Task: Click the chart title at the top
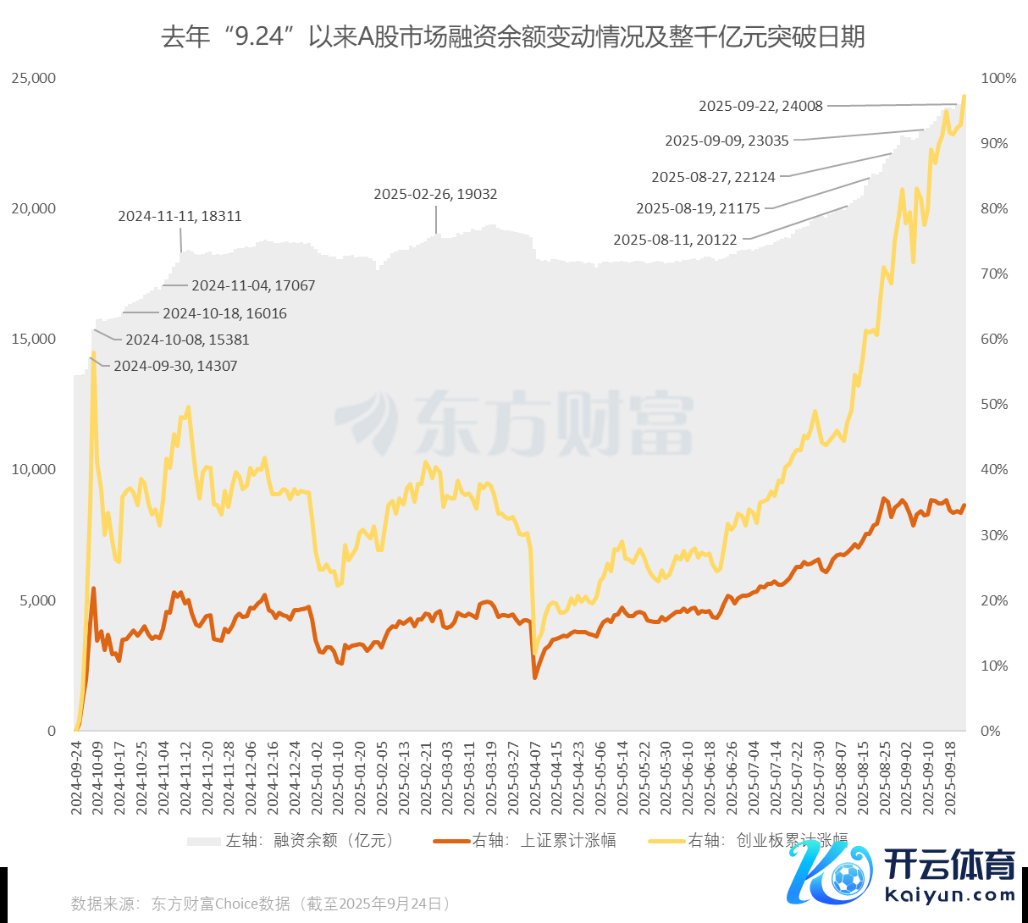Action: [513, 37]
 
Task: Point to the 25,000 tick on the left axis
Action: [34, 78]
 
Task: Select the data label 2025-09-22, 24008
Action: [760, 106]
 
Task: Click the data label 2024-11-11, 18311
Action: [180, 216]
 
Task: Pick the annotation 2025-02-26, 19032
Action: [435, 194]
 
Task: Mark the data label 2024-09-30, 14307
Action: [175, 366]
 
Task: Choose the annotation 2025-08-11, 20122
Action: [675, 240]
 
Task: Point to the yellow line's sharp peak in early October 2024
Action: [93, 353]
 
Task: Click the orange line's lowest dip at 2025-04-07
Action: [534, 677]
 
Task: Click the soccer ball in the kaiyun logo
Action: [848, 879]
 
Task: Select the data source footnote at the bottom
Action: [261, 904]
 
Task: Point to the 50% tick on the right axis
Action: [994, 404]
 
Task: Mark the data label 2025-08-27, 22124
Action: [713, 177]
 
